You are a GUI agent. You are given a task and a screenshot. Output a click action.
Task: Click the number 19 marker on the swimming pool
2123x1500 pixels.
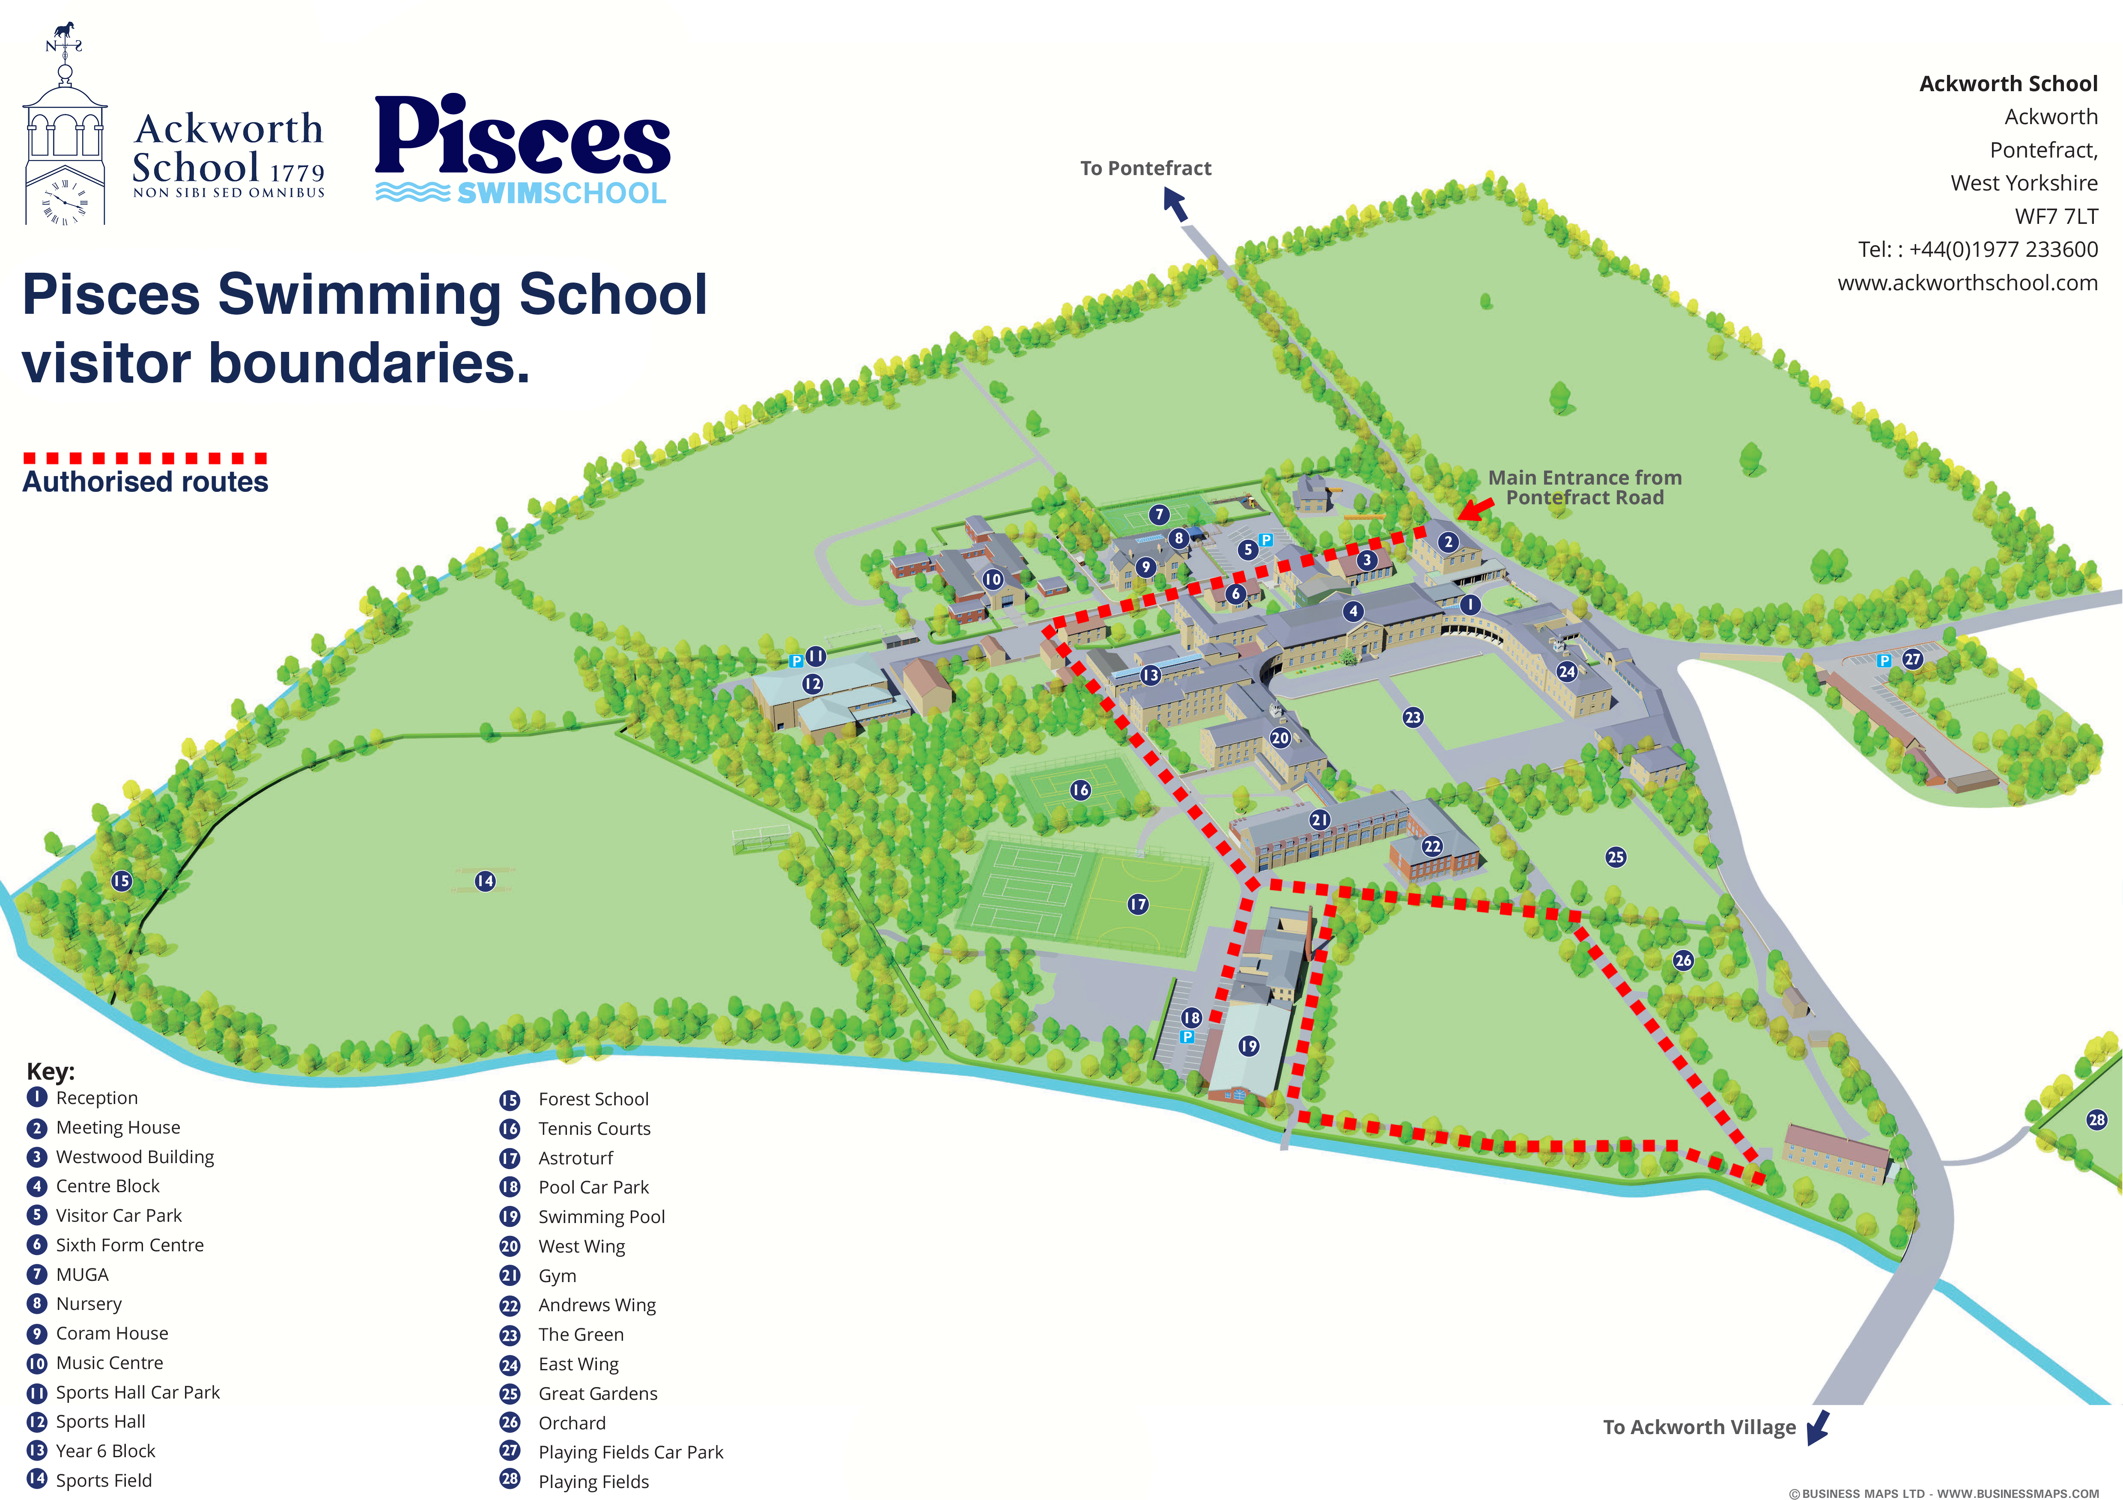pyautogui.click(x=1248, y=1046)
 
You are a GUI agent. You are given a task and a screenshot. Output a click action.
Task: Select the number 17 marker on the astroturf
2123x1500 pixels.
pyautogui.click(x=1137, y=904)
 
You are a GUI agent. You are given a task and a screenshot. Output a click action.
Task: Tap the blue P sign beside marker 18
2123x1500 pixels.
pyautogui.click(x=1187, y=1037)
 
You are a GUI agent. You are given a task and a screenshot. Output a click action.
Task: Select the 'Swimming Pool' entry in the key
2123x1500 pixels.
pyautogui.click(x=601, y=1216)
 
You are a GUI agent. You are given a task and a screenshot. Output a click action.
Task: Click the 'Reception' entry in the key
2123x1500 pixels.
pyautogui.click(x=96, y=1098)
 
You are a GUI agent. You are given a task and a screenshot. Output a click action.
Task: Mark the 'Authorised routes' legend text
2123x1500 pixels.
pyautogui.click(x=145, y=482)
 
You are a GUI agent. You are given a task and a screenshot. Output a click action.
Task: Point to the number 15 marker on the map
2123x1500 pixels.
pyautogui.click(x=121, y=881)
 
